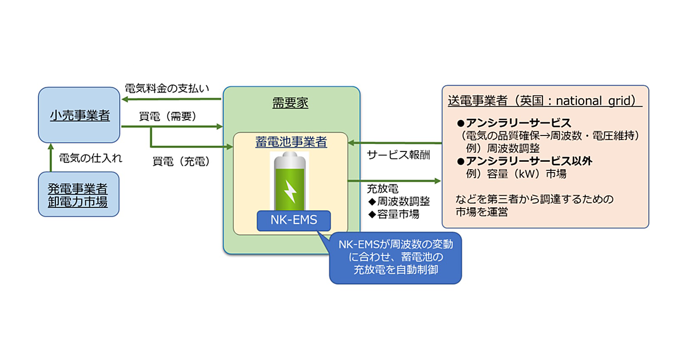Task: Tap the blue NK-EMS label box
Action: point(294,221)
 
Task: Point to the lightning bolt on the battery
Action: point(290,190)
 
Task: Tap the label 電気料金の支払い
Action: point(167,89)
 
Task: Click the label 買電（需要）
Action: point(167,117)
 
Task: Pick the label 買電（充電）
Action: point(181,161)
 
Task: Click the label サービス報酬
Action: point(398,155)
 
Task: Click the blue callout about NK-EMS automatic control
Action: point(395,257)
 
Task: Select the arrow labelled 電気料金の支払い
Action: point(171,98)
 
